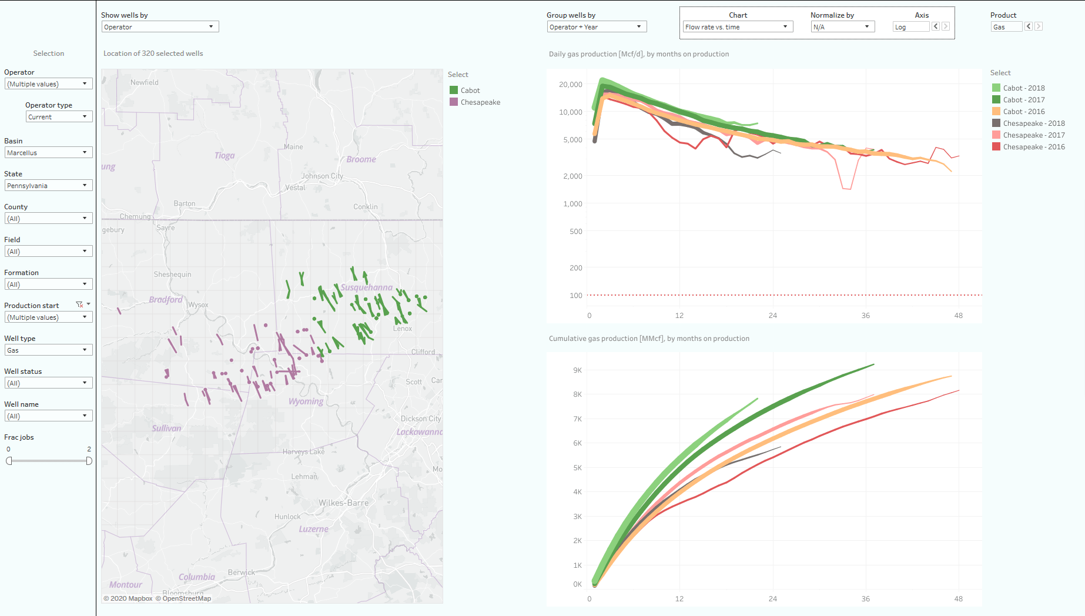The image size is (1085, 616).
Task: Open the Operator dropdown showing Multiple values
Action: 49,84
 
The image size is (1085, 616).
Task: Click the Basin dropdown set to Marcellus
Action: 49,153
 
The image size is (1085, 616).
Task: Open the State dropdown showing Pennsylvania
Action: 49,186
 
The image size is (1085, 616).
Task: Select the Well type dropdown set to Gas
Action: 49,350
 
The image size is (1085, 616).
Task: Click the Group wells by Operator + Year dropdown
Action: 596,27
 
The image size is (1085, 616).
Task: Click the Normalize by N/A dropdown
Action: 842,27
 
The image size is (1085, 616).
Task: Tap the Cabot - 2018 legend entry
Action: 1023,88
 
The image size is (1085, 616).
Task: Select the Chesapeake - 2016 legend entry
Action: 1033,147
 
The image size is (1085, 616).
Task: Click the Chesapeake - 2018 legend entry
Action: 1033,123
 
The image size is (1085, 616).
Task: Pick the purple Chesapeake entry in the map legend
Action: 480,102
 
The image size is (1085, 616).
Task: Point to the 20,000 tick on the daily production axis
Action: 570,85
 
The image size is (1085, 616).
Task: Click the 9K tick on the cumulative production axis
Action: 577,370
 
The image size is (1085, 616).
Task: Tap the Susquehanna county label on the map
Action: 366,287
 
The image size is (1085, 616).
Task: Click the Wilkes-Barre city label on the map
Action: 343,503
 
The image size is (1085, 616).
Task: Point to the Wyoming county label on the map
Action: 306,401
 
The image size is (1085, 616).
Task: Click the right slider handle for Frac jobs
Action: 89,461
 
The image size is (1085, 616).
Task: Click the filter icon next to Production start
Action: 79,304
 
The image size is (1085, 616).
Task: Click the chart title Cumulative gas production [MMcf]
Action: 649,339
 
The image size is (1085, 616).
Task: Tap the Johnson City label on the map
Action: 322,176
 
